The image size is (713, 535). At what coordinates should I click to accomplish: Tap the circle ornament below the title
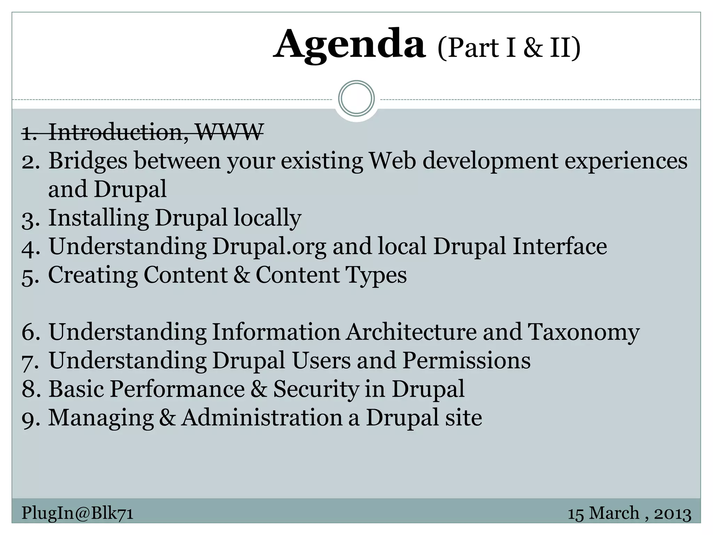coord(356,99)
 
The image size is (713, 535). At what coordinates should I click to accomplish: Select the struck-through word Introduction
coord(115,132)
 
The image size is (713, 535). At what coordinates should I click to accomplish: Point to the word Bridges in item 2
coord(88,161)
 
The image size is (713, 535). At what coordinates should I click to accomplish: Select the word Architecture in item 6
coord(411,332)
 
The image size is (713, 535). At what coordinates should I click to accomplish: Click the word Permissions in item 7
coord(467,360)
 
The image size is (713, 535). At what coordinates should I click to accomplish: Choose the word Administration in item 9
coord(262,418)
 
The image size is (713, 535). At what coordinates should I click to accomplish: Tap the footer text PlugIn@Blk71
coord(77,513)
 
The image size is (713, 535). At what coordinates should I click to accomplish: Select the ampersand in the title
coord(533,48)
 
